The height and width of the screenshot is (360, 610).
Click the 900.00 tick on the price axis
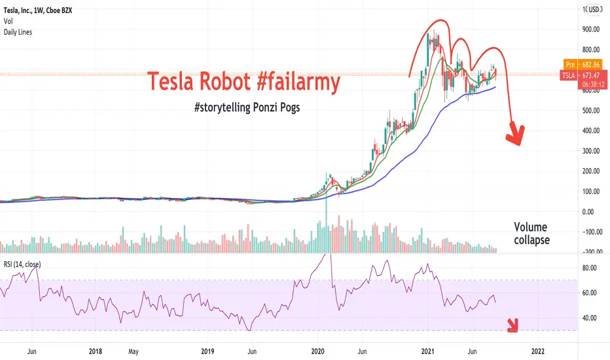coord(591,29)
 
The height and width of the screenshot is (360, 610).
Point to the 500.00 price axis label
coord(591,110)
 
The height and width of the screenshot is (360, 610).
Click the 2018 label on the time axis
coord(96,351)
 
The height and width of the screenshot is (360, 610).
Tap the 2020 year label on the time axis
coord(318,351)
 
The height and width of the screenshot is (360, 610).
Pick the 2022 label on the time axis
coord(538,351)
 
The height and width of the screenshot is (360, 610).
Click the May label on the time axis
coord(133,352)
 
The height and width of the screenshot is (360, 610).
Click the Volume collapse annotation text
coord(531,233)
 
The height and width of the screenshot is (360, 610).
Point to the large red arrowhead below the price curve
coord(516,134)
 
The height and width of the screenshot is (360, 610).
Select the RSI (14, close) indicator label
coord(22,264)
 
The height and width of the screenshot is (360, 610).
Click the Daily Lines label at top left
coord(18,32)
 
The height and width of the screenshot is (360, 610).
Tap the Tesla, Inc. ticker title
coord(18,10)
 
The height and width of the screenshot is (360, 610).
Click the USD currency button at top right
coord(594,9)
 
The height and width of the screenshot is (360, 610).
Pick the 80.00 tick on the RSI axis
coord(589,268)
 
